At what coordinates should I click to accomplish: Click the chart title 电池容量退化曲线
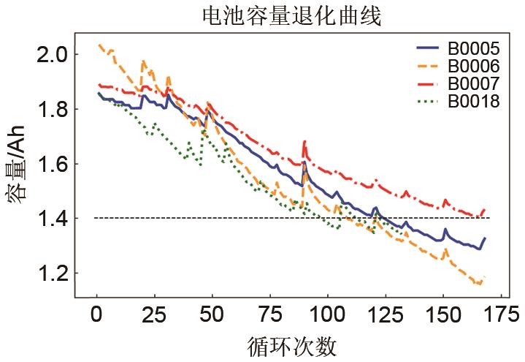click(x=291, y=15)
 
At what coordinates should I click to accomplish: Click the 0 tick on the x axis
click(x=96, y=315)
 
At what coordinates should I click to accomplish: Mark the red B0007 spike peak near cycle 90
click(x=304, y=141)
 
